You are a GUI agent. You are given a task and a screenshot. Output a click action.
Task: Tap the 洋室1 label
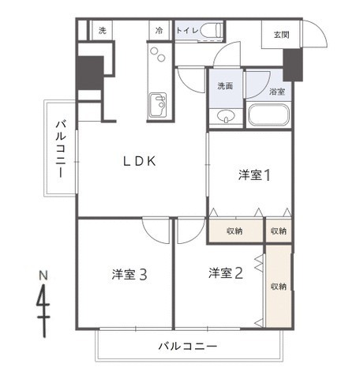[255, 175]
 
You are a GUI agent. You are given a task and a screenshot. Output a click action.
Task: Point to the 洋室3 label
[129, 275]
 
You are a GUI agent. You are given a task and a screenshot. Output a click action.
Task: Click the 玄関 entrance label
[281, 34]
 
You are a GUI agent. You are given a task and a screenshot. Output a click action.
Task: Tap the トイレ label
[186, 31]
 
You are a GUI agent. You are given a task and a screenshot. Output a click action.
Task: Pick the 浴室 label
[276, 92]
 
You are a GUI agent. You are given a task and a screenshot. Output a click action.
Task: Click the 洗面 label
[226, 86]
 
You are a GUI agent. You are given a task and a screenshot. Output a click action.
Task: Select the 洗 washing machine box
[102, 31]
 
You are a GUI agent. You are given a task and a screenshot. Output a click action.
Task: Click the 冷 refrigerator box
[159, 31]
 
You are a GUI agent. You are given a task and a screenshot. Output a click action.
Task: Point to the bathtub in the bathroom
[269, 115]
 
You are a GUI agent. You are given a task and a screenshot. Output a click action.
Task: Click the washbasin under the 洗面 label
[226, 118]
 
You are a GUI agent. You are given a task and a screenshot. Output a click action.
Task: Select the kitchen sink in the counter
[157, 103]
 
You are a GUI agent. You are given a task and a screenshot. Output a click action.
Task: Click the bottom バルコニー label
[187, 346]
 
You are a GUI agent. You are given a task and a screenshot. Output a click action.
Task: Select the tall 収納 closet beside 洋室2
[278, 285]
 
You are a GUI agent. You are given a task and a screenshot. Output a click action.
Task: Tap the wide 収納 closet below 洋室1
[234, 231]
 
